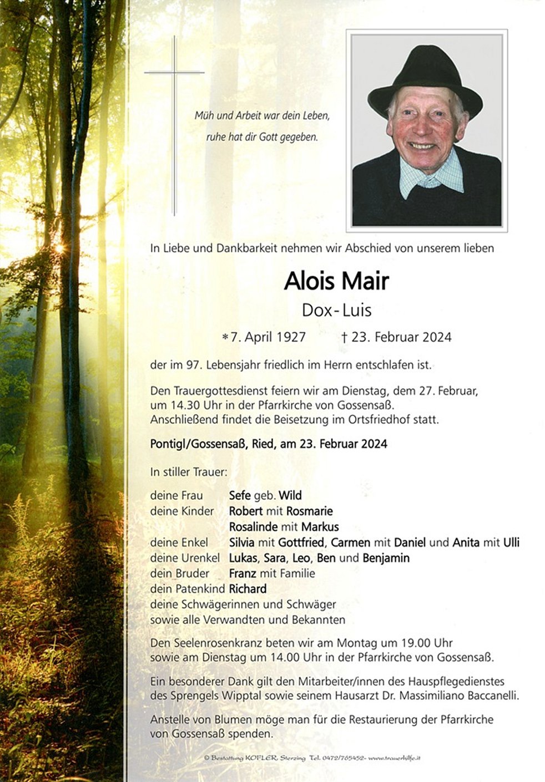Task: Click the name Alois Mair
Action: (336, 281)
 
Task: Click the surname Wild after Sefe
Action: (290, 495)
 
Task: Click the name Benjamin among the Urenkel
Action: (386, 557)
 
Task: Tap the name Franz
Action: (243, 573)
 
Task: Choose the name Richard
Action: (248, 588)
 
